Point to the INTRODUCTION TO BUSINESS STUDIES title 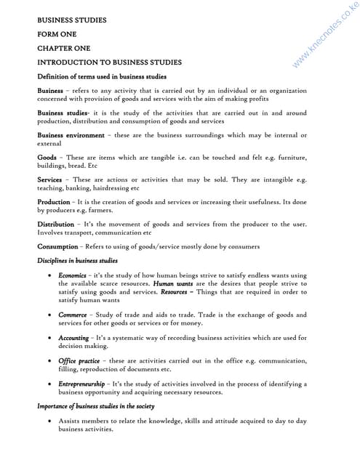[109, 62]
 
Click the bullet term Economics [73, 275]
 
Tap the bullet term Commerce [73, 315]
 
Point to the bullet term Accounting [74, 338]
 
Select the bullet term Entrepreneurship [85, 383]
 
